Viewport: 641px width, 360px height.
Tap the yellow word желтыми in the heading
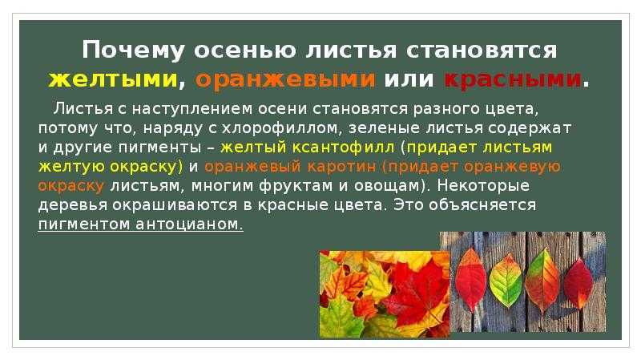coord(112,79)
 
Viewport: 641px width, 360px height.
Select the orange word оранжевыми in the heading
coord(285,79)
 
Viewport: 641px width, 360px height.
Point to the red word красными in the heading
coord(513,79)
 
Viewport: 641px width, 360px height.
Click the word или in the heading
coord(409,79)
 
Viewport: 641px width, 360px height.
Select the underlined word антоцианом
coord(189,224)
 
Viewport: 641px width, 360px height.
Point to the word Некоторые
coord(483,186)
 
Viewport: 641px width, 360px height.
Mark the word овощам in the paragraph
coord(391,186)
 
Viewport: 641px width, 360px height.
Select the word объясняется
coord(482,205)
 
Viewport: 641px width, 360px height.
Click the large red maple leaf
coord(413,293)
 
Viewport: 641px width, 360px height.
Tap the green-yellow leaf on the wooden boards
coord(506,281)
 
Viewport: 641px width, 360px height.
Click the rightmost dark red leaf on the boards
coord(579,283)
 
